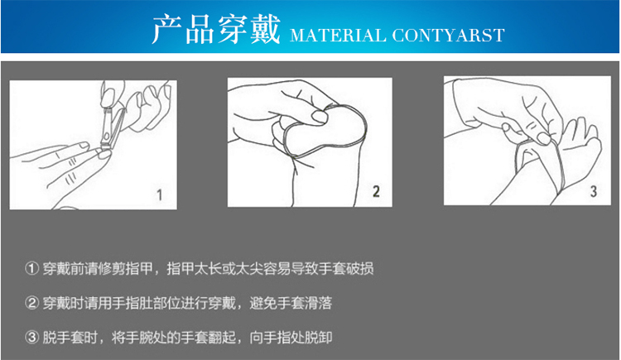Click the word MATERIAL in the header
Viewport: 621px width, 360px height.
click(x=338, y=36)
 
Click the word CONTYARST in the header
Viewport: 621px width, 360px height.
click(x=448, y=36)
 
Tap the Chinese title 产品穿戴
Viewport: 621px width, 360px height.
click(x=216, y=29)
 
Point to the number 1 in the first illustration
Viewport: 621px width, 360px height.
click(x=159, y=194)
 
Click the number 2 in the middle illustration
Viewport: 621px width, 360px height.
click(x=376, y=192)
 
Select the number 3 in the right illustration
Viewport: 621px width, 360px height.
click(x=594, y=192)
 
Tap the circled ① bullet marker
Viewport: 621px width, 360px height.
click(x=31, y=268)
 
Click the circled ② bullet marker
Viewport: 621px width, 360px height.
click(x=31, y=303)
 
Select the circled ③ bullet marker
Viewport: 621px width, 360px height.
click(x=31, y=338)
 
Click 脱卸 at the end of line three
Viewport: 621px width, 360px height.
click(x=319, y=338)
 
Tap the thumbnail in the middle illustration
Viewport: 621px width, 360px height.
click(x=319, y=117)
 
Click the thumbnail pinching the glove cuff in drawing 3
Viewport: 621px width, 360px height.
click(x=544, y=138)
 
